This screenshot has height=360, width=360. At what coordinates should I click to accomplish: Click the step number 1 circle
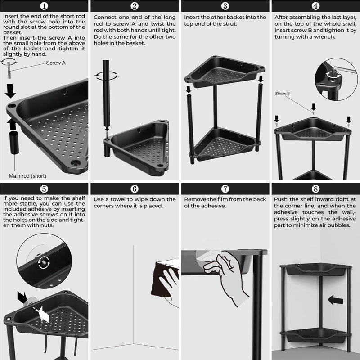click(44, 6)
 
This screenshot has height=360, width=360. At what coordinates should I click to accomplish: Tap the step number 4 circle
click(315, 6)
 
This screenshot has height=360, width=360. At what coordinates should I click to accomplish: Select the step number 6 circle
click(135, 189)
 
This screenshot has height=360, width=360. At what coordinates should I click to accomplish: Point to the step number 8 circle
click(315, 189)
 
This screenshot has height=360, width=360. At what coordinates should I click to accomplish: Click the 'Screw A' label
click(56, 63)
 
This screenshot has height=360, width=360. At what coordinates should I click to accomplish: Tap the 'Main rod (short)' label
click(27, 175)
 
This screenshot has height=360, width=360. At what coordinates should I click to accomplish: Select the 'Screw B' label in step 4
click(282, 94)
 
